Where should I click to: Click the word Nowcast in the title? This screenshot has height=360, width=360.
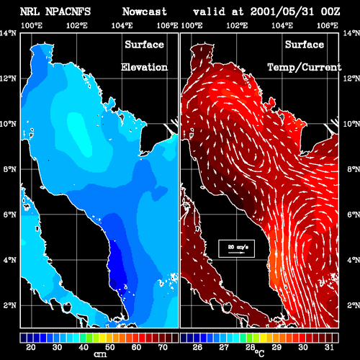click(x=145, y=12)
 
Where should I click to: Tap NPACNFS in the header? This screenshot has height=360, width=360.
click(x=68, y=12)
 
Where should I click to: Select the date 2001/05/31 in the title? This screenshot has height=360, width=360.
click(x=282, y=12)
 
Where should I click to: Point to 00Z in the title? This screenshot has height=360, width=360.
click(x=330, y=12)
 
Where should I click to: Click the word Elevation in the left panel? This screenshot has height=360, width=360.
click(x=144, y=67)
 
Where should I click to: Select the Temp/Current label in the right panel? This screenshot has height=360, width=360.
click(x=305, y=67)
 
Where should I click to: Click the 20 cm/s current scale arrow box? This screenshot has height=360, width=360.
click(x=236, y=248)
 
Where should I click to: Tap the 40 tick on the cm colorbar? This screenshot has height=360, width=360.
click(x=84, y=347)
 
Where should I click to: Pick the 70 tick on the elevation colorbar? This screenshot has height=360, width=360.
click(x=163, y=347)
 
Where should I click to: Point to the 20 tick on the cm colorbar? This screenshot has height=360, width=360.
click(x=31, y=347)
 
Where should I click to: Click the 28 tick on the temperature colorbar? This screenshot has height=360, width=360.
click(x=250, y=347)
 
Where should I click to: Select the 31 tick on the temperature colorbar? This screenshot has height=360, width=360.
click(x=329, y=347)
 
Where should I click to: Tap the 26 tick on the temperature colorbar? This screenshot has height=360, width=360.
click(x=197, y=347)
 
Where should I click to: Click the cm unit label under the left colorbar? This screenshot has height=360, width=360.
click(x=100, y=354)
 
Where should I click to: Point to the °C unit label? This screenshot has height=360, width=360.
click(x=259, y=354)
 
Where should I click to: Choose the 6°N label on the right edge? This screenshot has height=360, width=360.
click(x=354, y=215)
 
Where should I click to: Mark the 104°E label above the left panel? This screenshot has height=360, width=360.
click(x=122, y=25)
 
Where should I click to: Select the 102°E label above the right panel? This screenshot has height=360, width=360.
click(x=237, y=25)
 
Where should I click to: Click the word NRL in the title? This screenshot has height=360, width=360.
click(x=30, y=12)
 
